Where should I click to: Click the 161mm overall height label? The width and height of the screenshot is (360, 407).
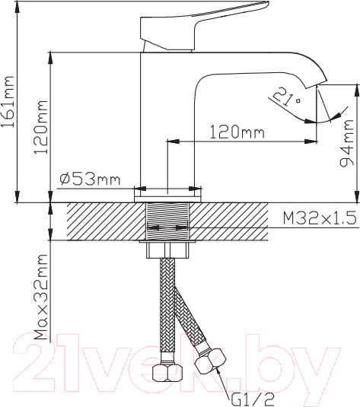pos(8,101)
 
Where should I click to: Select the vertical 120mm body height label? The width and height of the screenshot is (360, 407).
pos(41,127)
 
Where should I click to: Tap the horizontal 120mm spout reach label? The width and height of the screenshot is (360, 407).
pos(237,132)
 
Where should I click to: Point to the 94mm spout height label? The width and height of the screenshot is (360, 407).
pos(347,143)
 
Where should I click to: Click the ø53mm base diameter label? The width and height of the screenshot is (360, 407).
pos(90,179)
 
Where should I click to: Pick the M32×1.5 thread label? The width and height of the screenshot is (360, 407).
pos(320,218)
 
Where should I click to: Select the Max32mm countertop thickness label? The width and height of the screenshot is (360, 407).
pos(41,297)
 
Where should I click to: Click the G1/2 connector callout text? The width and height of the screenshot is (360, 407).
pos(253,399)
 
